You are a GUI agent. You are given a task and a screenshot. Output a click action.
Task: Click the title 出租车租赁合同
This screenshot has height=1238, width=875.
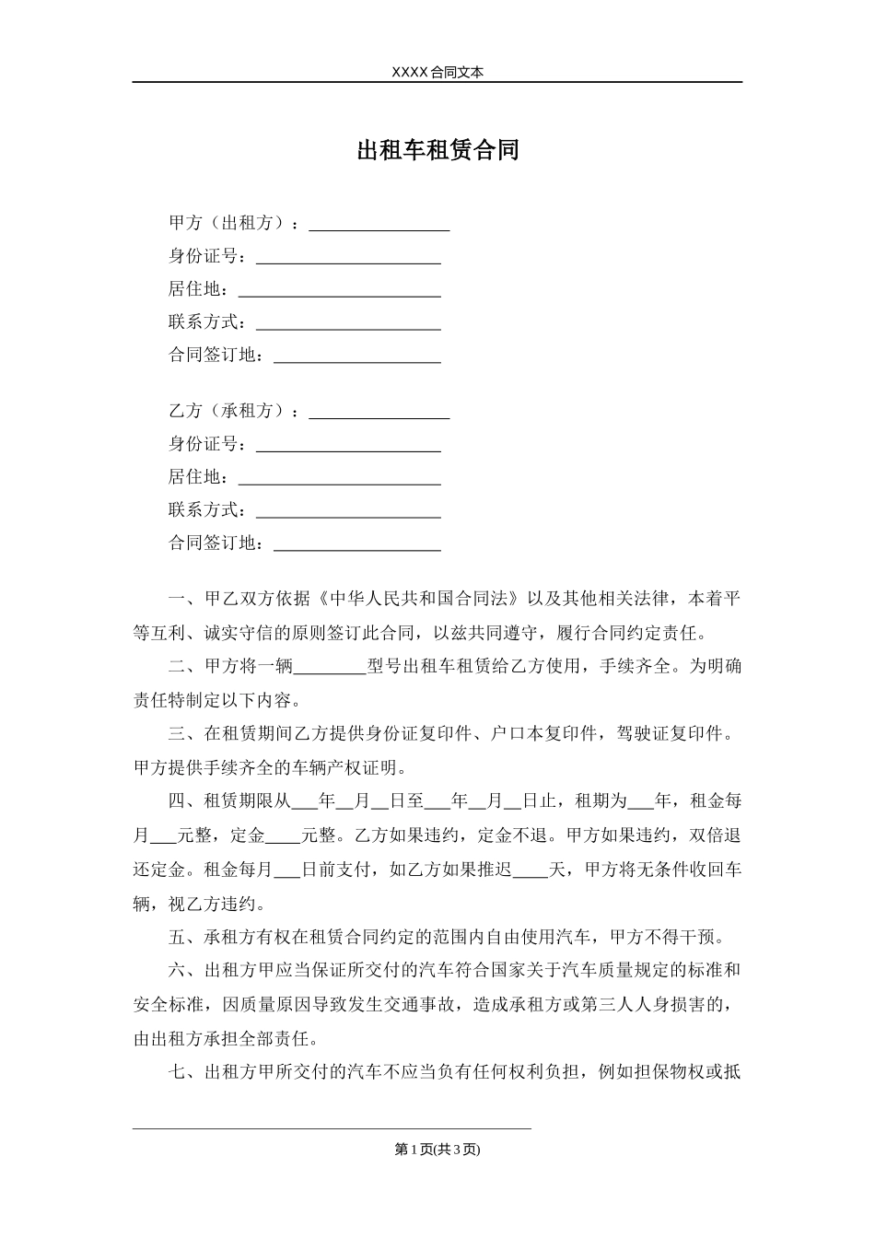437,150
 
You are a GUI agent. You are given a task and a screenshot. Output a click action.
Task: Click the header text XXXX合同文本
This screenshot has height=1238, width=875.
437,72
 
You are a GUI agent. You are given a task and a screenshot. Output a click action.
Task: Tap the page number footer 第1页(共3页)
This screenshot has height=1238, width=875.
437,1149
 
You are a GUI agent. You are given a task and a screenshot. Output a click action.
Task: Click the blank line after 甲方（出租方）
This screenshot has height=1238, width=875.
379,224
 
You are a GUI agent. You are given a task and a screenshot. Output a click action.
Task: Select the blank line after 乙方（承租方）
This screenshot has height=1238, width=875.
379,412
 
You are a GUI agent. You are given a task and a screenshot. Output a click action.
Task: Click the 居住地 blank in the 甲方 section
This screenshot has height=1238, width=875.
339,290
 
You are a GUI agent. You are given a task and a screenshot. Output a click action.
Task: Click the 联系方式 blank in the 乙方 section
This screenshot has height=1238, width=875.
348,511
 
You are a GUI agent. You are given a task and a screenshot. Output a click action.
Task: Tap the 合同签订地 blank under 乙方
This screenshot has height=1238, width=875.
357,544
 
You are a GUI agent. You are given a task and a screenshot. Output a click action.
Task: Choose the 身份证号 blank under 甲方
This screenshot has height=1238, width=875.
348,257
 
